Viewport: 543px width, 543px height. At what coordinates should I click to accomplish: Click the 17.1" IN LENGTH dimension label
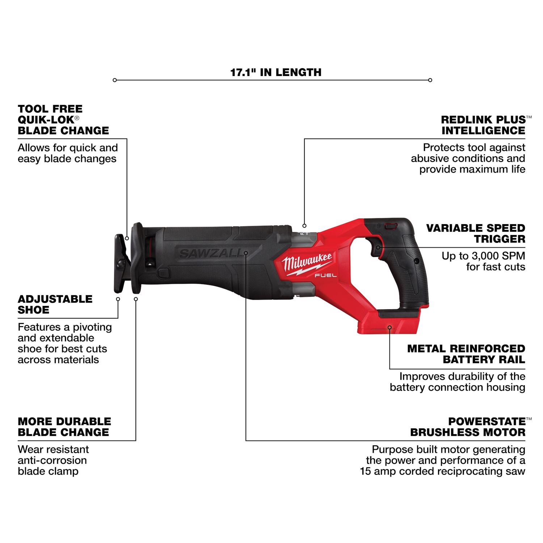[x=276, y=72]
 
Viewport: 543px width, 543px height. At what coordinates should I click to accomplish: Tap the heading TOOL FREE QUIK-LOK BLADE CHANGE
[x=63, y=120]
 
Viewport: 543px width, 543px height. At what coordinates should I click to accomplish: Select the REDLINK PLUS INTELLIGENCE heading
[x=484, y=125]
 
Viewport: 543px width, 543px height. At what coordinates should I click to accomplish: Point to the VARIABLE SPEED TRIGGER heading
[x=476, y=233]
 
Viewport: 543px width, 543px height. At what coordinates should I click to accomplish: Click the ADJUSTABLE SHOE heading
[x=55, y=304]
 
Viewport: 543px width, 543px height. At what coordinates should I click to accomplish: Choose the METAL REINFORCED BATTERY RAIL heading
[x=466, y=354]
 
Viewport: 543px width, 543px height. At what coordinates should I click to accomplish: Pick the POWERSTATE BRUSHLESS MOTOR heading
[x=468, y=427]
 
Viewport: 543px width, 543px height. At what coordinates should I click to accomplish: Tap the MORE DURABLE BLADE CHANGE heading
[x=64, y=427]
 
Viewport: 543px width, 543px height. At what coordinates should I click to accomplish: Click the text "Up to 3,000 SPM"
[x=483, y=256]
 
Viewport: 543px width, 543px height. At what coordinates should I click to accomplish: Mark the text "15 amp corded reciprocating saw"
[x=442, y=471]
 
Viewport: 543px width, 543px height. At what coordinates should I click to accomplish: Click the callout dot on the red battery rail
[x=390, y=327]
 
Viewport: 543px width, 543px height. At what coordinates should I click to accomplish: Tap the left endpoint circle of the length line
[x=115, y=80]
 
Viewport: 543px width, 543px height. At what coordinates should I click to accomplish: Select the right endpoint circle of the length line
[x=430, y=80]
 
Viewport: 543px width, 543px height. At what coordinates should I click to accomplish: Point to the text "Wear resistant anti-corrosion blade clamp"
[x=53, y=460]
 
